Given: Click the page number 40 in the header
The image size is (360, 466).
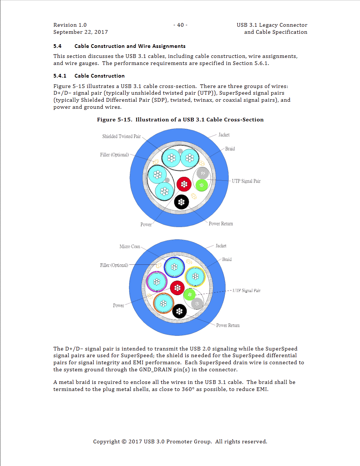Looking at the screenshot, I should pos(181,25).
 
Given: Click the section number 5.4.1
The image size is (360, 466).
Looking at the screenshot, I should pos(60,76).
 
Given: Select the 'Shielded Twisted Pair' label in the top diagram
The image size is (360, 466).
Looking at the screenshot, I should pos(121,136).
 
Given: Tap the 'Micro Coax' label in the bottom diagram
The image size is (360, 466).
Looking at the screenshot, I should pos(130,247).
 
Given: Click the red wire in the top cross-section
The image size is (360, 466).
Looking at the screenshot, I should pos(184,184).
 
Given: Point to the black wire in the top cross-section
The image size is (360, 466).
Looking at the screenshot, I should pos(181,202).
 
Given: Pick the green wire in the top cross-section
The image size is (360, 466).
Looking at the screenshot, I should pos(202,185).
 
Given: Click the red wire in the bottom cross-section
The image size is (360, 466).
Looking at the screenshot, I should pos(177,288).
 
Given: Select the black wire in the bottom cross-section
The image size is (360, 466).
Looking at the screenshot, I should pos(179,311).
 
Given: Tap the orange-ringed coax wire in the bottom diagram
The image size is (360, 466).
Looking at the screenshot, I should pos(163,303).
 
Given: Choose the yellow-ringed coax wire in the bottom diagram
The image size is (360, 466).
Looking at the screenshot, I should pos(195,276).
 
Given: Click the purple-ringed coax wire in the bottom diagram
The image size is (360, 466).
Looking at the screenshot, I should pos(157,282).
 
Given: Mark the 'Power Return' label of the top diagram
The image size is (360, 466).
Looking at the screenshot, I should pos(221,224).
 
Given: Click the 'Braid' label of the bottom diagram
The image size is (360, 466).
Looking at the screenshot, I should pos(227,260).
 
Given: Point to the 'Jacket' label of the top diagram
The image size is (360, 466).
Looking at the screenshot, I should pos(224,135).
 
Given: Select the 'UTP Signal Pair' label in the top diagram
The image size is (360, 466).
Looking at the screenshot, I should pos(246,181).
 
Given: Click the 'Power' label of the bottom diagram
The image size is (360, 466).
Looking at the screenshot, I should pos(119,306).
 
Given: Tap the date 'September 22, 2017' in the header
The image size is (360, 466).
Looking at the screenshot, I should pos(81,32).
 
